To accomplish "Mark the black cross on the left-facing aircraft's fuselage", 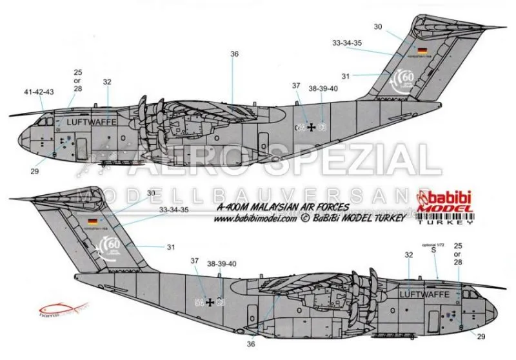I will (x=313, y=127).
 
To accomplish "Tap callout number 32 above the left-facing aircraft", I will (x=107, y=82).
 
